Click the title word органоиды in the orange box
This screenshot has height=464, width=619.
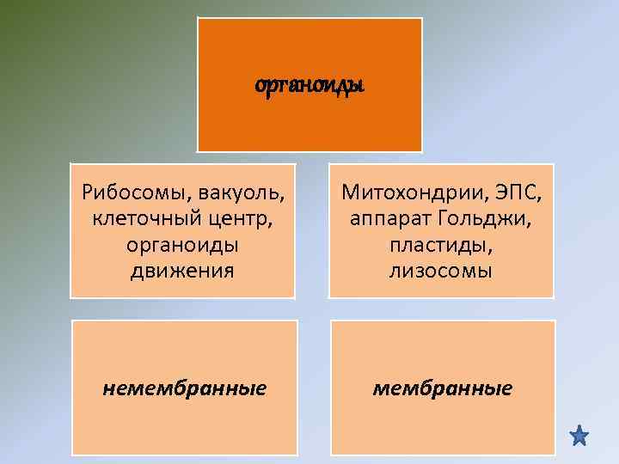click(310, 86)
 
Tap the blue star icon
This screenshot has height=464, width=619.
click(579, 437)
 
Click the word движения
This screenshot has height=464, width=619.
click(183, 272)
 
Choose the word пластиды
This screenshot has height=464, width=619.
click(441, 245)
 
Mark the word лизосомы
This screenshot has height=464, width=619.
click(441, 272)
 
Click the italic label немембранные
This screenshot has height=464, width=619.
click(184, 388)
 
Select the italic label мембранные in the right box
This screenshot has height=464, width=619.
click(443, 388)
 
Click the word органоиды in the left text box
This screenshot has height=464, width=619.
click(183, 245)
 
